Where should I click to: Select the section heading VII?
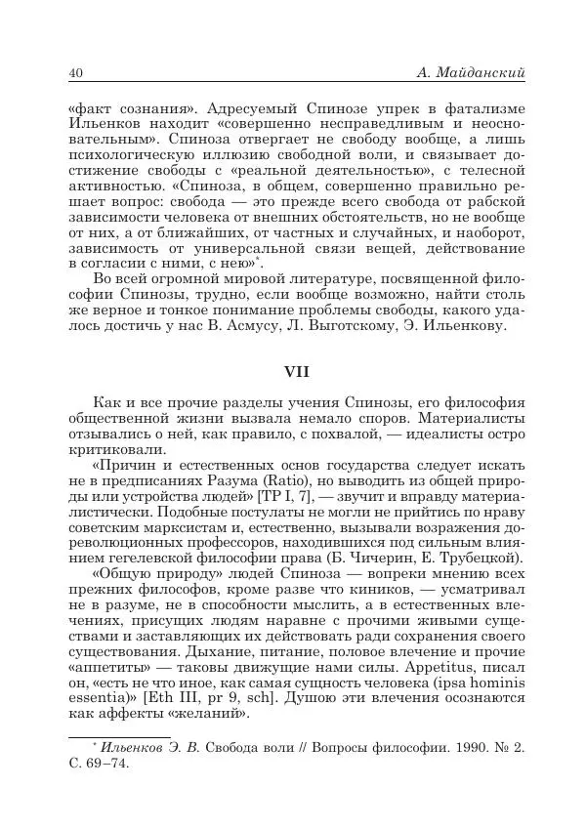point(292,372)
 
